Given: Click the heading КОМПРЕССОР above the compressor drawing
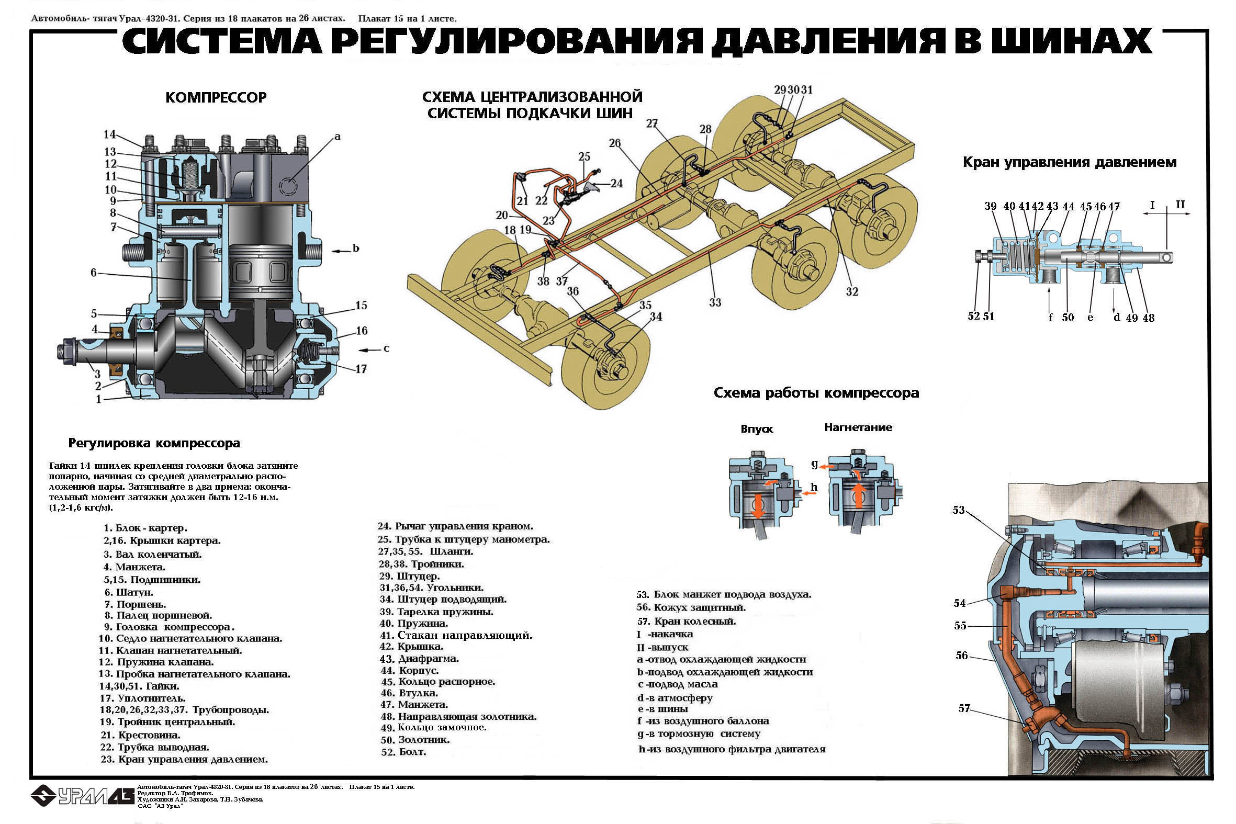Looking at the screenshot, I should (216, 98).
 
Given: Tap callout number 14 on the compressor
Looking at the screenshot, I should (109, 134).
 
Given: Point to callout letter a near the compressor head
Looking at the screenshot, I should (338, 137).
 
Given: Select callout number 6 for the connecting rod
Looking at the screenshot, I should (94, 272).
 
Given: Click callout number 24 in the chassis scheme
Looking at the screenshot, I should (616, 184).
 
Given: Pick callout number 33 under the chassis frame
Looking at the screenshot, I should (715, 302).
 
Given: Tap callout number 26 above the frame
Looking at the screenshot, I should (615, 143).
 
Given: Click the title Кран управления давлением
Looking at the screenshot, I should (1070, 162).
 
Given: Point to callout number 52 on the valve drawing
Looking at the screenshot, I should (974, 316).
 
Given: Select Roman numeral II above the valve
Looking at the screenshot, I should (1181, 205).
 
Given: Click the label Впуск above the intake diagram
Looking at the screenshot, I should (757, 429).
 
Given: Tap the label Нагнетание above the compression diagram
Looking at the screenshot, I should (858, 427).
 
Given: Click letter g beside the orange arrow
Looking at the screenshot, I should (815, 464).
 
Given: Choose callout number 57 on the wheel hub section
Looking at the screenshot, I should (964, 708).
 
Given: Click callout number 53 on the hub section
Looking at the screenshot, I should (959, 510).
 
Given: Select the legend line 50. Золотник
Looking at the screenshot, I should (415, 740).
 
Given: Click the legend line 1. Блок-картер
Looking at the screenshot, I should (145, 528).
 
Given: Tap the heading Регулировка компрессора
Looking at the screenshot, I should (154, 443).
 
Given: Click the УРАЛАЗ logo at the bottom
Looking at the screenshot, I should (82, 796).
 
